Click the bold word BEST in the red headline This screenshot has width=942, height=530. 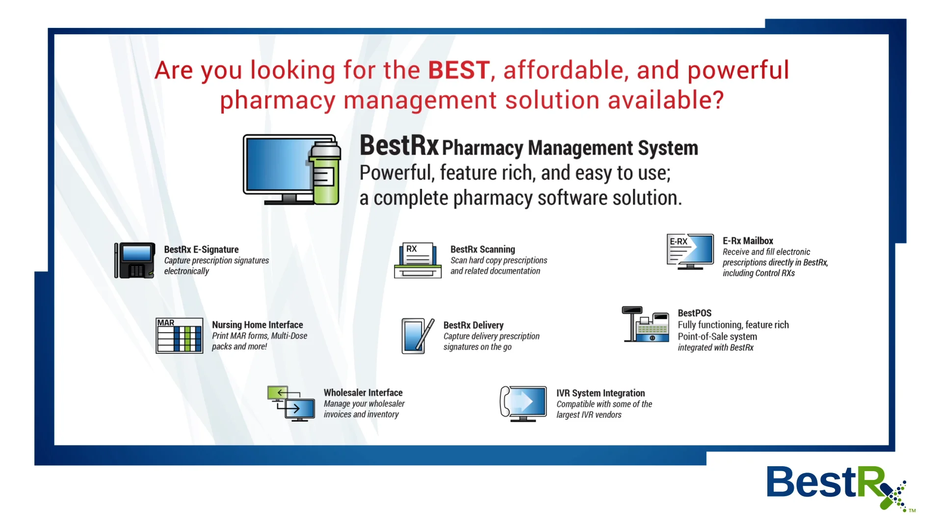459,70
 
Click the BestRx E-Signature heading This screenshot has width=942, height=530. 201,250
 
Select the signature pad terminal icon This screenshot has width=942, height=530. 135,261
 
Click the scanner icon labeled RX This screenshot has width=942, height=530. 418,261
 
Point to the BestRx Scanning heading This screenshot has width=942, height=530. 483,250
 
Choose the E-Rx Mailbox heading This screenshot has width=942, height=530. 748,241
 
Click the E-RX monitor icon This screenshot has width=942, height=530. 690,251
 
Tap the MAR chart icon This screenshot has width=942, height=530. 179,336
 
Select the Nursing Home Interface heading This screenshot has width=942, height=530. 257,325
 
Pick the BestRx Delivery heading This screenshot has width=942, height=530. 473,325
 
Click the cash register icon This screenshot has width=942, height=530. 646,325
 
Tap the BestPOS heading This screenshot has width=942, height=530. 694,313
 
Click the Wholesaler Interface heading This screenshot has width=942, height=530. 363,393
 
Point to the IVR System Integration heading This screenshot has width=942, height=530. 601,393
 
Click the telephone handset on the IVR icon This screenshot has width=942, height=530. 505,402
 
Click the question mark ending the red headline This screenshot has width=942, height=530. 718,100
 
